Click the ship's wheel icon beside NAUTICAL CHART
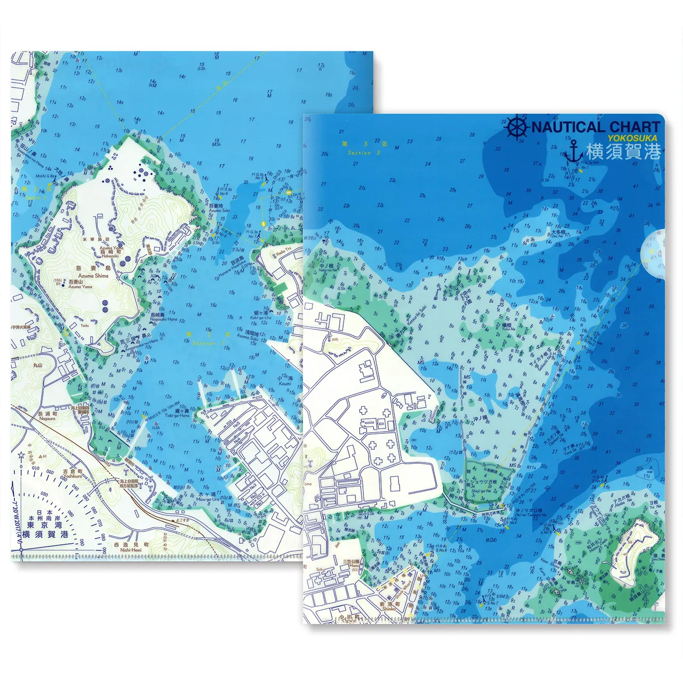coord(517,128)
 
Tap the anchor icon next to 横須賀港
coord(573,153)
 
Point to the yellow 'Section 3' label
coord(363,153)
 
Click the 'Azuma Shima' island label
coord(93,276)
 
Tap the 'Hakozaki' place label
coord(110,256)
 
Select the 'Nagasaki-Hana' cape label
coord(164,320)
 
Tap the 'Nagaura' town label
coord(47,419)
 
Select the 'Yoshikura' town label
coord(72,476)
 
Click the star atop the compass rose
coord(21,455)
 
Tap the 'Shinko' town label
coord(389,608)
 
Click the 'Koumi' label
coord(285,383)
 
